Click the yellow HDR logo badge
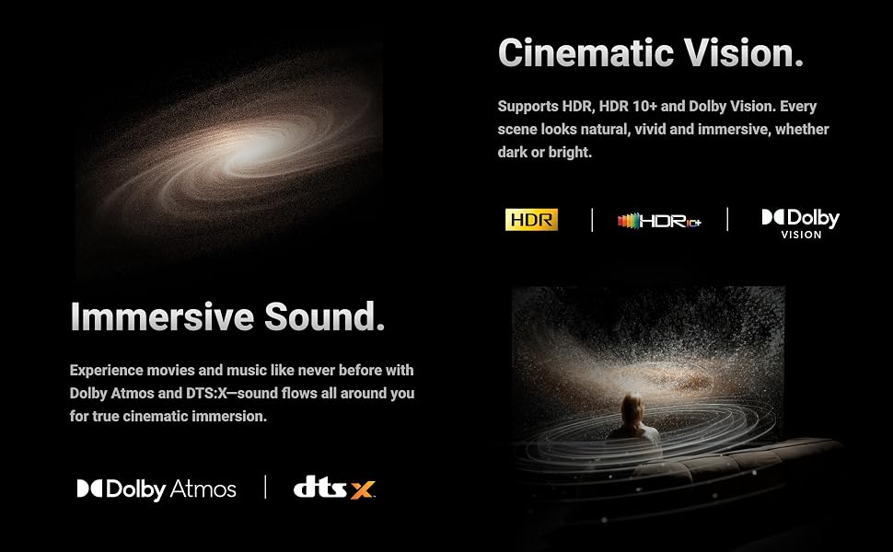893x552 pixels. tap(531, 220)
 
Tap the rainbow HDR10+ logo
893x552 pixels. tap(659, 221)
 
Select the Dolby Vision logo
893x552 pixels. tap(801, 224)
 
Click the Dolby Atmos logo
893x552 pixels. tap(157, 489)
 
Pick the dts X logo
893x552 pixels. tap(334, 488)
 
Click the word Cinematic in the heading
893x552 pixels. tap(586, 53)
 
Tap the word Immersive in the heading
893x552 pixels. tap(162, 316)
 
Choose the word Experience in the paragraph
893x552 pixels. tap(107, 371)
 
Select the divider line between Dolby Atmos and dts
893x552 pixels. tap(265, 487)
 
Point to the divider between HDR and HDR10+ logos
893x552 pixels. tap(592, 220)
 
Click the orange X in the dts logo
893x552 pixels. tap(362, 490)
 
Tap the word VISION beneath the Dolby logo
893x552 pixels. tap(801, 235)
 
